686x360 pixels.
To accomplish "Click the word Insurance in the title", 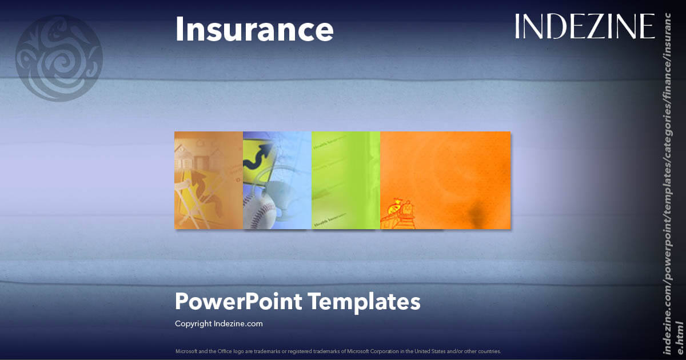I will [x=254, y=29].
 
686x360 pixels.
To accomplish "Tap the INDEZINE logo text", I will [x=584, y=26].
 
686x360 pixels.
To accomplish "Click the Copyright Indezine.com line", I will [x=218, y=323].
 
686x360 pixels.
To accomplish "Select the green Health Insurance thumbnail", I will [x=345, y=180].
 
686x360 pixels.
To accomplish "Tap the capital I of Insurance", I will [x=178, y=29].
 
